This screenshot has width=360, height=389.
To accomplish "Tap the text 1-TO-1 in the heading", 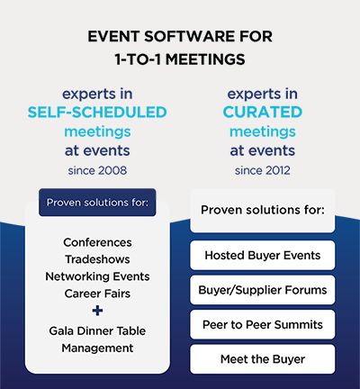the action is [139, 59].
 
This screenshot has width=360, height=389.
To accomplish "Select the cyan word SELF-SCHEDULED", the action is [97, 113].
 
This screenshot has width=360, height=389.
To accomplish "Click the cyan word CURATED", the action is [263, 113].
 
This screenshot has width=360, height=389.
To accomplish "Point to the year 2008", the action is [112, 170].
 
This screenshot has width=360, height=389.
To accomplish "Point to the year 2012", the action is [276, 170].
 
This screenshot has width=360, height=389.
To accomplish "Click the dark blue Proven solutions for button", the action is [97, 203].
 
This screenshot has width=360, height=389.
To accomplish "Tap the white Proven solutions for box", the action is [263, 210].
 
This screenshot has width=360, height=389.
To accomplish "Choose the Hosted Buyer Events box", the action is [263, 255].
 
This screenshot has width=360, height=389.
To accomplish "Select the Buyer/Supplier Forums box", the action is [263, 290].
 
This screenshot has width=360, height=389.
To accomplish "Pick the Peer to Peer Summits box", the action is [263, 324].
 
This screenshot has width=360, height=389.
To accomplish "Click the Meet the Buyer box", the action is [263, 359].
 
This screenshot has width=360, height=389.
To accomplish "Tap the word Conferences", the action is [97, 242].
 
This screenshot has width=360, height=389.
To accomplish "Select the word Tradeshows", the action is [97, 259].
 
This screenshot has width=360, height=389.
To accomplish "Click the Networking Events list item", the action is [97, 276].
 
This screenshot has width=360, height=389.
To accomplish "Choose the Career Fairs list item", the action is [97, 294].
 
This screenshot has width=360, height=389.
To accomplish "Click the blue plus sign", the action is [97, 311].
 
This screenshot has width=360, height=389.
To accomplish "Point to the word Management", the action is [97, 348].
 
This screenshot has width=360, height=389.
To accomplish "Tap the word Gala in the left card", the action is [61, 330].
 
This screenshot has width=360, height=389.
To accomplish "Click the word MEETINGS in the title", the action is [205, 59].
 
